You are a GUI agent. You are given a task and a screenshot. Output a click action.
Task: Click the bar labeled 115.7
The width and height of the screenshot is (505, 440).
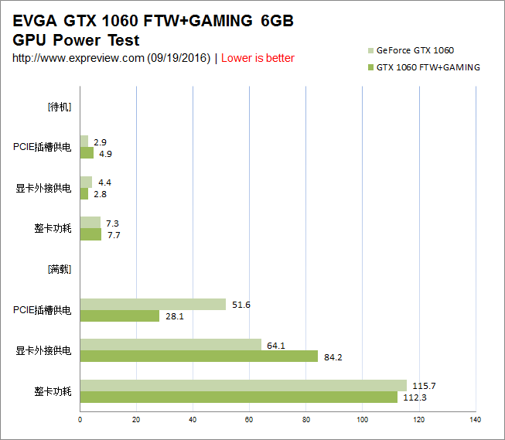click(243, 385)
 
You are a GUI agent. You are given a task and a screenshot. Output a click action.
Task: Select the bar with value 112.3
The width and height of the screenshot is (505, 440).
click(238, 397)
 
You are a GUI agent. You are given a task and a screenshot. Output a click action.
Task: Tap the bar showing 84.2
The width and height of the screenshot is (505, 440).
click(199, 356)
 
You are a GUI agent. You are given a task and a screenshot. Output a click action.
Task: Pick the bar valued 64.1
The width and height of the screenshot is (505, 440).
click(170, 345)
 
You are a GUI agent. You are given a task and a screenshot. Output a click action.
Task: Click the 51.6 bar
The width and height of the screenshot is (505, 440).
click(152, 305)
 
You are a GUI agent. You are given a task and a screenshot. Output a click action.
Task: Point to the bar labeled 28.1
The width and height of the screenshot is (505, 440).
click(119, 316)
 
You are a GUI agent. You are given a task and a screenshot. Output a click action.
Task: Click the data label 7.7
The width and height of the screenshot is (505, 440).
click(114, 235)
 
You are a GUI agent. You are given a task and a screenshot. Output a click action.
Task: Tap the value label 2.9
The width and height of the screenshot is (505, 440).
click(100, 142)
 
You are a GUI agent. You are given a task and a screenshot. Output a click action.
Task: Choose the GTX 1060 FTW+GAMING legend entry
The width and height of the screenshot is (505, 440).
click(428, 67)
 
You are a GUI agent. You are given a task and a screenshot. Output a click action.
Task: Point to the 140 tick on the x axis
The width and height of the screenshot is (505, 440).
click(475, 420)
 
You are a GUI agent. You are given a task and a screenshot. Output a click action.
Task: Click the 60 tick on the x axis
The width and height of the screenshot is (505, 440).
click(249, 420)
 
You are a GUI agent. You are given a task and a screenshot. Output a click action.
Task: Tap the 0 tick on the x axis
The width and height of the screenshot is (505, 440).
click(80, 420)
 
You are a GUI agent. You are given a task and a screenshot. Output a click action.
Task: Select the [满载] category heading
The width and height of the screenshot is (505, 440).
click(60, 270)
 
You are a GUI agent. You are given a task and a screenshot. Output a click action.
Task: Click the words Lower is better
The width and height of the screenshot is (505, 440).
click(258, 58)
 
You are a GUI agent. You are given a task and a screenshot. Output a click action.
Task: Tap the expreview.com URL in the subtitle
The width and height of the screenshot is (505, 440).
click(78, 58)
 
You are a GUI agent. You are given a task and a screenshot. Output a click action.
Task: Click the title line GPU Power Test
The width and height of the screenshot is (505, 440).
click(77, 40)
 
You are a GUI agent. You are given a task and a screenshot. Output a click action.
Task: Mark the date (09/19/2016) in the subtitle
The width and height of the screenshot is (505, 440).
click(179, 58)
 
